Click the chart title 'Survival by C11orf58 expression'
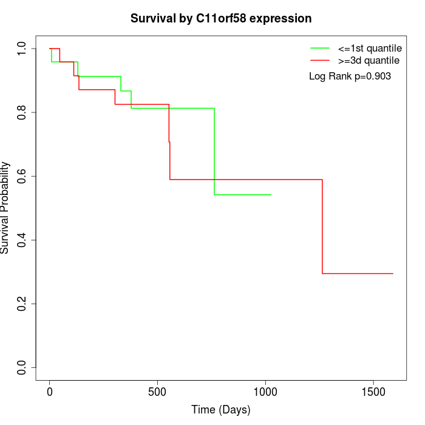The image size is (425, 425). click(x=221, y=19)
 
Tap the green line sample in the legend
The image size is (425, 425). click(x=319, y=48)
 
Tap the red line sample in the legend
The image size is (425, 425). click(x=319, y=60)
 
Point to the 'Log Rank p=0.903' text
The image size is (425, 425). click(x=350, y=76)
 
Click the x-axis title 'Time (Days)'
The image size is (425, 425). click(x=221, y=410)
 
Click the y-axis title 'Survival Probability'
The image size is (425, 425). click(x=5, y=208)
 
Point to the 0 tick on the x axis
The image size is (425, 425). click(x=50, y=392)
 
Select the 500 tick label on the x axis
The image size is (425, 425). click(x=157, y=392)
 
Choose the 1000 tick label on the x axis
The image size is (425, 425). click(x=265, y=392)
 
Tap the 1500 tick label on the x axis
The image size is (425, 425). click(x=373, y=392)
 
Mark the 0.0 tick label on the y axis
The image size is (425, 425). click(x=22, y=367)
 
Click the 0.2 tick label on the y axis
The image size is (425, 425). click(x=22, y=304)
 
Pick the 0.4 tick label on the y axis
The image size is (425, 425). click(x=22, y=240)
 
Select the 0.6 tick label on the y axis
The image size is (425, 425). click(x=22, y=176)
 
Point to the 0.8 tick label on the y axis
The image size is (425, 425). click(x=22, y=112)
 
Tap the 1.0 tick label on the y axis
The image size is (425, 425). click(x=22, y=49)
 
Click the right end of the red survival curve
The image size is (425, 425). click(x=393, y=273)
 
